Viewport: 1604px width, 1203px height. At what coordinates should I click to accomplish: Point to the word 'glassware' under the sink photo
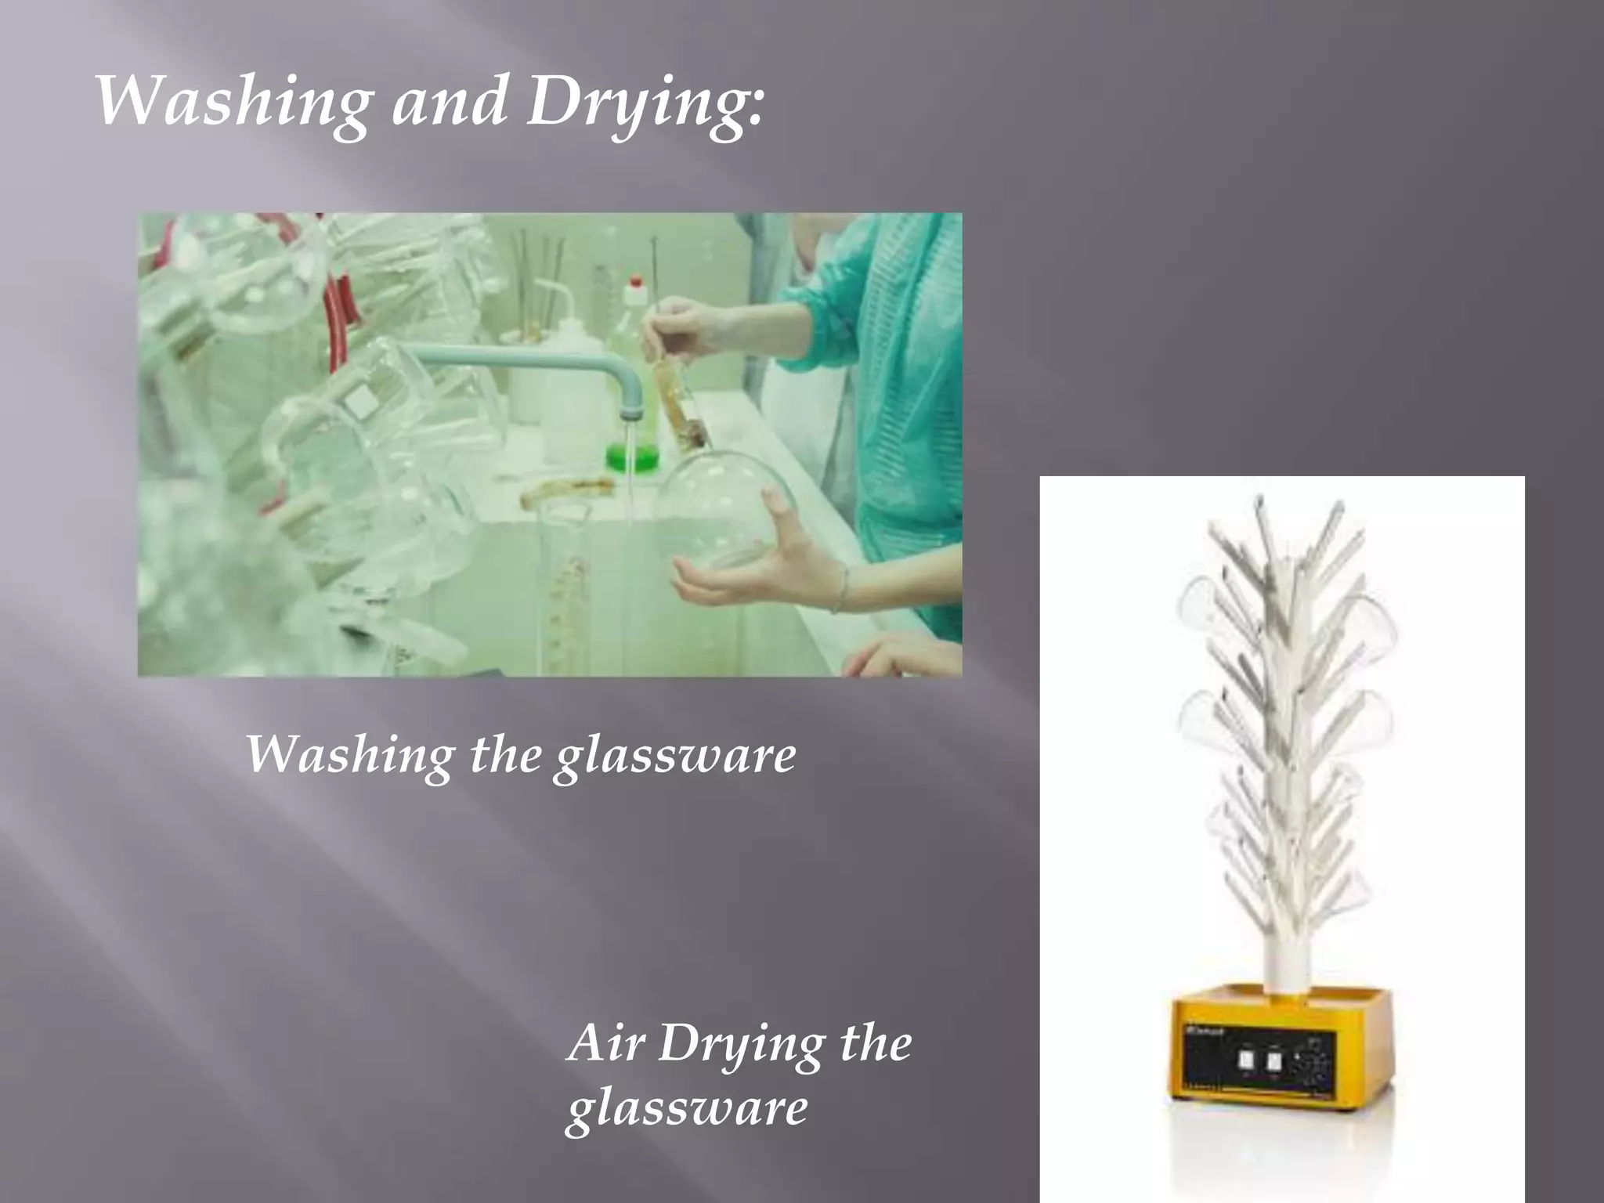[674, 758]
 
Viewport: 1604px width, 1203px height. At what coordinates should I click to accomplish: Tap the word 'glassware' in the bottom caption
[686, 1110]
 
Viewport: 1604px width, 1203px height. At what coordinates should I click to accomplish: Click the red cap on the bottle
[636, 280]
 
